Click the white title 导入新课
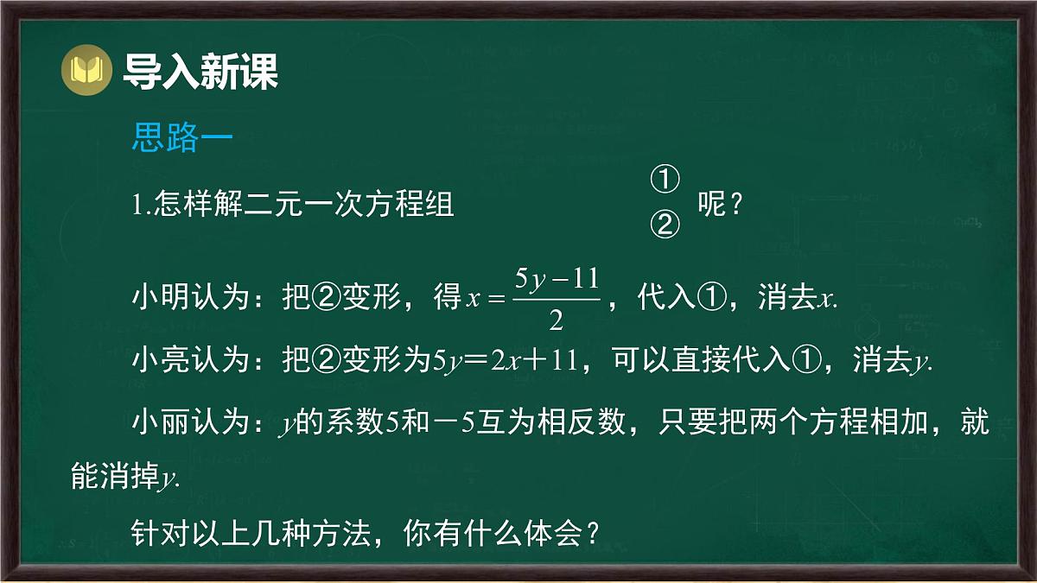coord(200,71)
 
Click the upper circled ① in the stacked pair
coord(664,181)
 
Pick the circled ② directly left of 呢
coord(664,225)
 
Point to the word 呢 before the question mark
coord(711,206)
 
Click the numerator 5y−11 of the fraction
coord(556,279)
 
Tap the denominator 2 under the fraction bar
coord(556,321)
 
